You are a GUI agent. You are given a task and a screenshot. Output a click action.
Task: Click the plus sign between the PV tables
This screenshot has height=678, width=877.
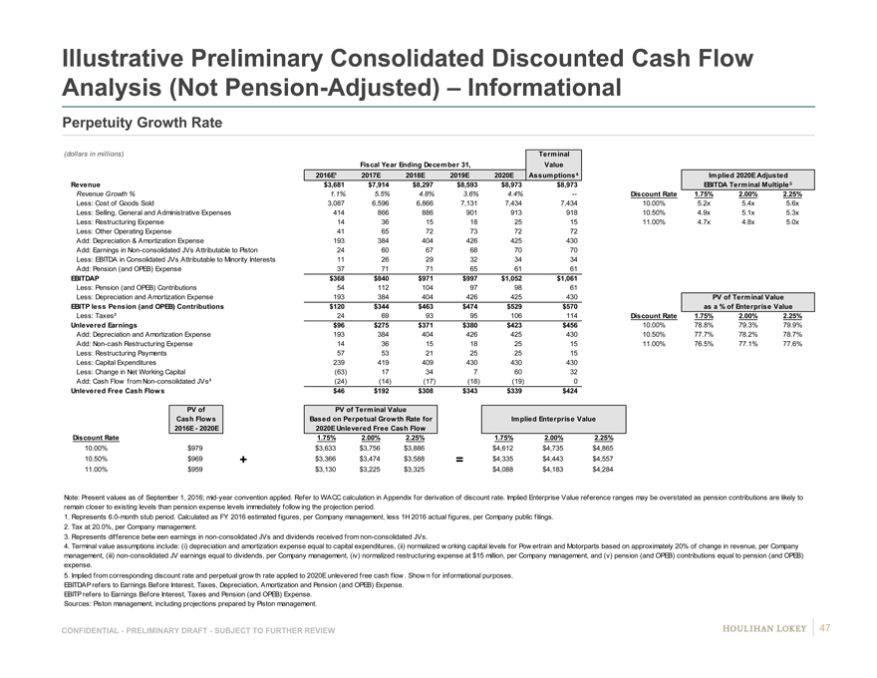(245, 460)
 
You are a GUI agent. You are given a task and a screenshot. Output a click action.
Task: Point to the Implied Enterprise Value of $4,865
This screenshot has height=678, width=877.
(602, 448)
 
